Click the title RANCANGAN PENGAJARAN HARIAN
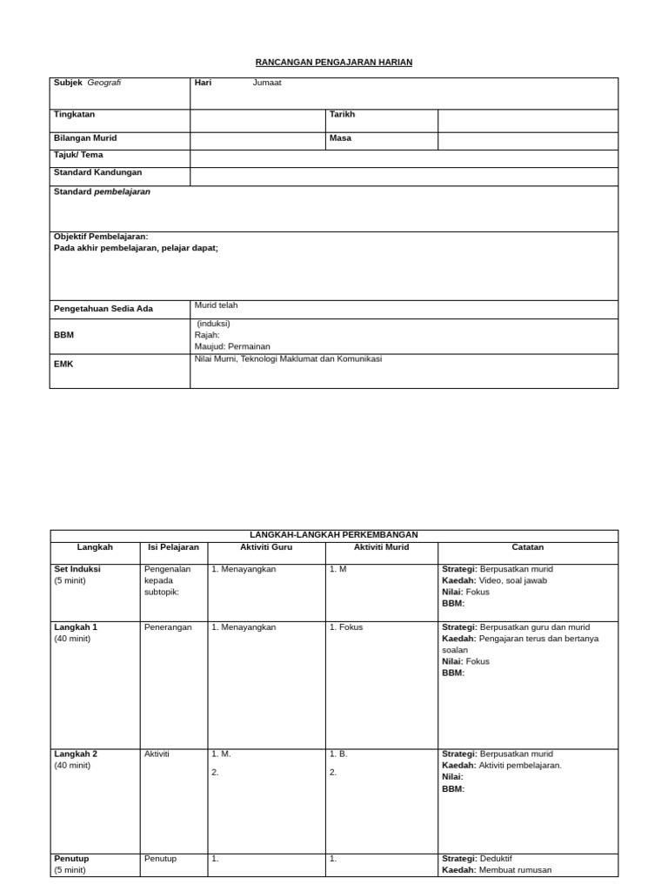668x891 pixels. coord(334,63)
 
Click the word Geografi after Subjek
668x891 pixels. coord(104,84)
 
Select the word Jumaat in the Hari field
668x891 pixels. coord(267,84)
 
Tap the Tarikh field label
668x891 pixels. coord(342,115)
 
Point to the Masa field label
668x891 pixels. coord(340,138)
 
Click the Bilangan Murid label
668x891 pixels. coord(85,138)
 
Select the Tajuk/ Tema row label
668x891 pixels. coord(78,155)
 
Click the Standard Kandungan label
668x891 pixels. coord(97,172)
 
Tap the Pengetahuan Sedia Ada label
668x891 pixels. coord(103,309)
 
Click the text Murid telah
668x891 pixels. coord(216,305)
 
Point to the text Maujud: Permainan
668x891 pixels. coord(232,346)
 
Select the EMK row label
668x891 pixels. coord(63,365)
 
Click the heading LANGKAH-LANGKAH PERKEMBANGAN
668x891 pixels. coord(334,535)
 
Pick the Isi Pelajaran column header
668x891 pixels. coord(173,547)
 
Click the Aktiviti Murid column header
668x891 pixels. coord(381,547)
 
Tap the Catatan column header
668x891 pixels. coord(528,547)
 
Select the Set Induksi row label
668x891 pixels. coord(77,569)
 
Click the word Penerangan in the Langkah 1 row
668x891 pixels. coord(168,627)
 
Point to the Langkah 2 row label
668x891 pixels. coord(76,754)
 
